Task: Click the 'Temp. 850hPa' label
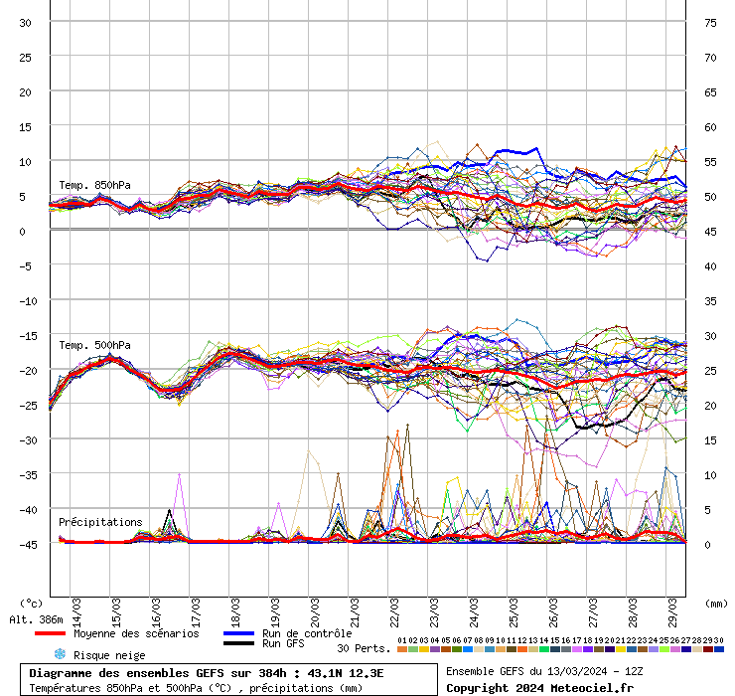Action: [94, 186]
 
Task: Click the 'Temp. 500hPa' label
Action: [94, 346]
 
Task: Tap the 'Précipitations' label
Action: [100, 522]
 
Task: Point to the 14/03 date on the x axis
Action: [76, 608]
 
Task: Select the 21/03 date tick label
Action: [355, 608]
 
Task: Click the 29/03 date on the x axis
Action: [672, 608]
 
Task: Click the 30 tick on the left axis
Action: [26, 23]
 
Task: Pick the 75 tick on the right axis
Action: [710, 23]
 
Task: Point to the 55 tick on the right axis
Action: [710, 162]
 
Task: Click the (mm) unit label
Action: [716, 603]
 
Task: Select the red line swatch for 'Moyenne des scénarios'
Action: [50, 633]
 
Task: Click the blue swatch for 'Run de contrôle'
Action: [238, 633]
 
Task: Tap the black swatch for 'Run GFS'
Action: [238, 644]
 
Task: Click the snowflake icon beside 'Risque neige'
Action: [60, 654]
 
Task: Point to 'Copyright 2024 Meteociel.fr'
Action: [539, 688]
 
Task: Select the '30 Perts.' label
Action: [364, 648]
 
